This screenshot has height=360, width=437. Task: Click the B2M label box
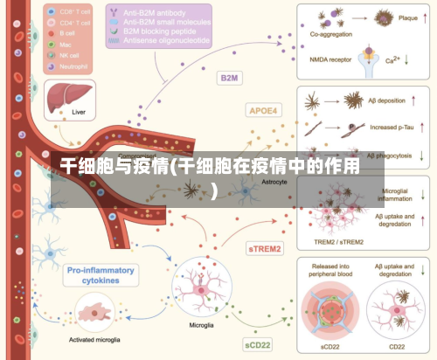230,78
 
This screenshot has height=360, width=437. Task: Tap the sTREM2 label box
264,248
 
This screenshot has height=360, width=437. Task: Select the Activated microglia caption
94,338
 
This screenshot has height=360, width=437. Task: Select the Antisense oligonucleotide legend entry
166,40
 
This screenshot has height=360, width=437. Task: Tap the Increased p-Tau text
392,128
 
